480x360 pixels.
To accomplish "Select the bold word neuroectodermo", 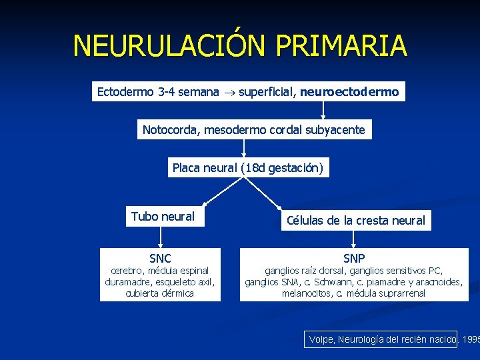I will (349, 92).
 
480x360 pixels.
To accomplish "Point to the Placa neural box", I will (247, 168).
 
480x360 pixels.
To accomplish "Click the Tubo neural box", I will (163, 217).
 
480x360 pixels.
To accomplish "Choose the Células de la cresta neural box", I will (355, 221).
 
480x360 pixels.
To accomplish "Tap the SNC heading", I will (160, 258).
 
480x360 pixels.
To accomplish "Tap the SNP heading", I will (354, 258).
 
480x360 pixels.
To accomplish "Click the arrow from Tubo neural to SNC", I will (160, 237).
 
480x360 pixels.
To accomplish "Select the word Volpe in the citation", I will (322, 340).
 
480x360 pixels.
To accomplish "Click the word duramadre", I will (128, 282).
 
